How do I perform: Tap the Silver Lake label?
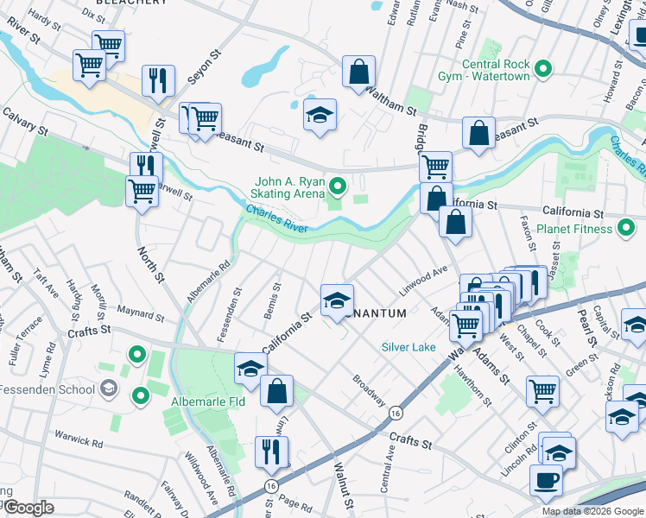pos(409,347)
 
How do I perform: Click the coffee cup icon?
pos(546,480)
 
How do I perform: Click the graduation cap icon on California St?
pos(337,300)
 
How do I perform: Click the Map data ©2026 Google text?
pos(592,511)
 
